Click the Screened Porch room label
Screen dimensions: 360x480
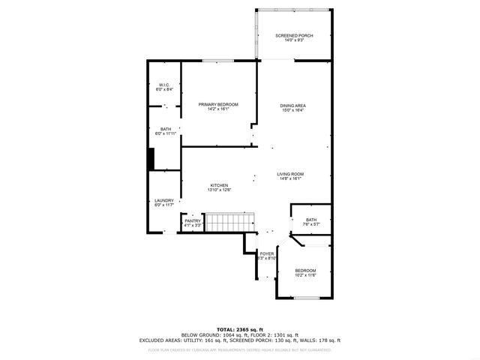[x=294, y=36]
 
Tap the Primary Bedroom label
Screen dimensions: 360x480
[x=218, y=104]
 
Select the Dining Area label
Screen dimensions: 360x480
[x=293, y=106]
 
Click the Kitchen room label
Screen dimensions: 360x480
[x=219, y=185]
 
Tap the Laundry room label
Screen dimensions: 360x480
[x=164, y=200]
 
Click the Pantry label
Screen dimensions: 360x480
[x=193, y=220]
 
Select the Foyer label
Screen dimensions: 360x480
[x=267, y=254]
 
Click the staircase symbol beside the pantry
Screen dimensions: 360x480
[x=230, y=223]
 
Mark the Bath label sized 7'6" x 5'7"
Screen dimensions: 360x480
[x=311, y=220]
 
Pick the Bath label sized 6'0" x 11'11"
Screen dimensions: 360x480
[x=165, y=129]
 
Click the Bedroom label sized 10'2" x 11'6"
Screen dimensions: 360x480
[x=305, y=270]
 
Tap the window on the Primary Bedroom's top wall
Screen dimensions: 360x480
[x=217, y=61]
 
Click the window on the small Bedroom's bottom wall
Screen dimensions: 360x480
[x=306, y=298]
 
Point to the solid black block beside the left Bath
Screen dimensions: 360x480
[x=151, y=159]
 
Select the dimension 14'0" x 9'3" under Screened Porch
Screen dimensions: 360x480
[x=294, y=40]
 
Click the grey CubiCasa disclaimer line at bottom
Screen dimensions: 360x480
[x=240, y=349]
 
